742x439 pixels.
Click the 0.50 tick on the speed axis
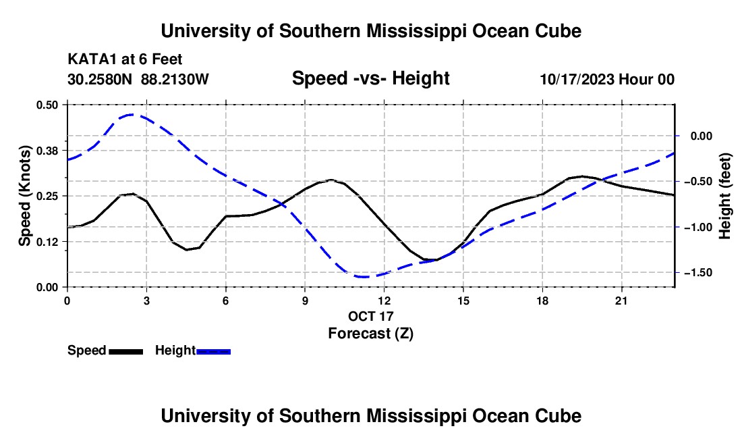[47, 105]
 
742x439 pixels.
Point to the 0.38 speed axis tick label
[47, 151]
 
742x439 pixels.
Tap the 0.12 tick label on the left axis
[47, 242]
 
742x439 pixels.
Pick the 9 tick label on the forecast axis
[305, 301]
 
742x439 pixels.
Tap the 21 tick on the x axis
[621, 301]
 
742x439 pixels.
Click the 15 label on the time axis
[463, 301]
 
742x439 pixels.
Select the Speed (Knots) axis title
[24, 196]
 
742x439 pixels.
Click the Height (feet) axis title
[725, 196]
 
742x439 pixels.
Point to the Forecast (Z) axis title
[370, 334]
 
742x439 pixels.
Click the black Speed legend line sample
[126, 351]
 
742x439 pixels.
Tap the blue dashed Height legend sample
[213, 351]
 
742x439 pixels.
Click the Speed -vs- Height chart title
[370, 78]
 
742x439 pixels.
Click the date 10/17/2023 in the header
[577, 79]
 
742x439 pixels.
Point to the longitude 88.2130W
[175, 79]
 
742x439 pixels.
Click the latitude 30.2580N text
[100, 79]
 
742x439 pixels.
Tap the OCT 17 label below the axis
[370, 316]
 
